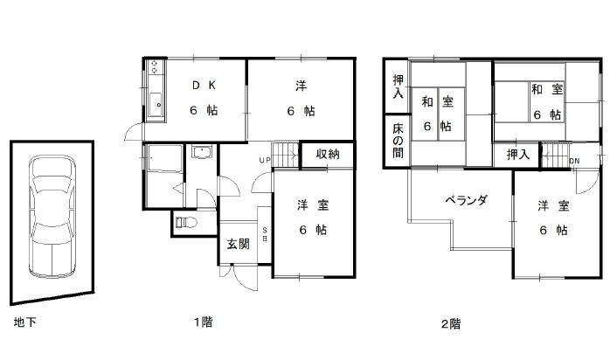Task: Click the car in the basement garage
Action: pos(52,216)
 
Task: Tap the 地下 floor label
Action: pos(24,322)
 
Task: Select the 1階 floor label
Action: pos(203,322)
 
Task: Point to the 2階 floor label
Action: pos(450,323)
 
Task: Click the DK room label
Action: pos(204,86)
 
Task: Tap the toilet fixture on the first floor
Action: pos(186,223)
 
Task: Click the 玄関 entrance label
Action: pos(238,244)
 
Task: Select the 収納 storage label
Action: pos(328,154)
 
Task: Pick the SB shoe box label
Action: pos(265,233)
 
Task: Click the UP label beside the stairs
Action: pos(265,160)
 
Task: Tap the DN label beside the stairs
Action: pos(574,161)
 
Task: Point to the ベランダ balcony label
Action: pos(466,201)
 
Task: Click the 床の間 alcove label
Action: pos(398,141)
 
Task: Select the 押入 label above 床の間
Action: pos(398,87)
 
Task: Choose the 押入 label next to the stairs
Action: pos(517,155)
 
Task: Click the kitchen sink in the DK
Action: pos(156,105)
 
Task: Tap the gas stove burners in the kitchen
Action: pos(155,66)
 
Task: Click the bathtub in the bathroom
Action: pos(165,158)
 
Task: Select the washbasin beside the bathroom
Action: pos(202,152)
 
